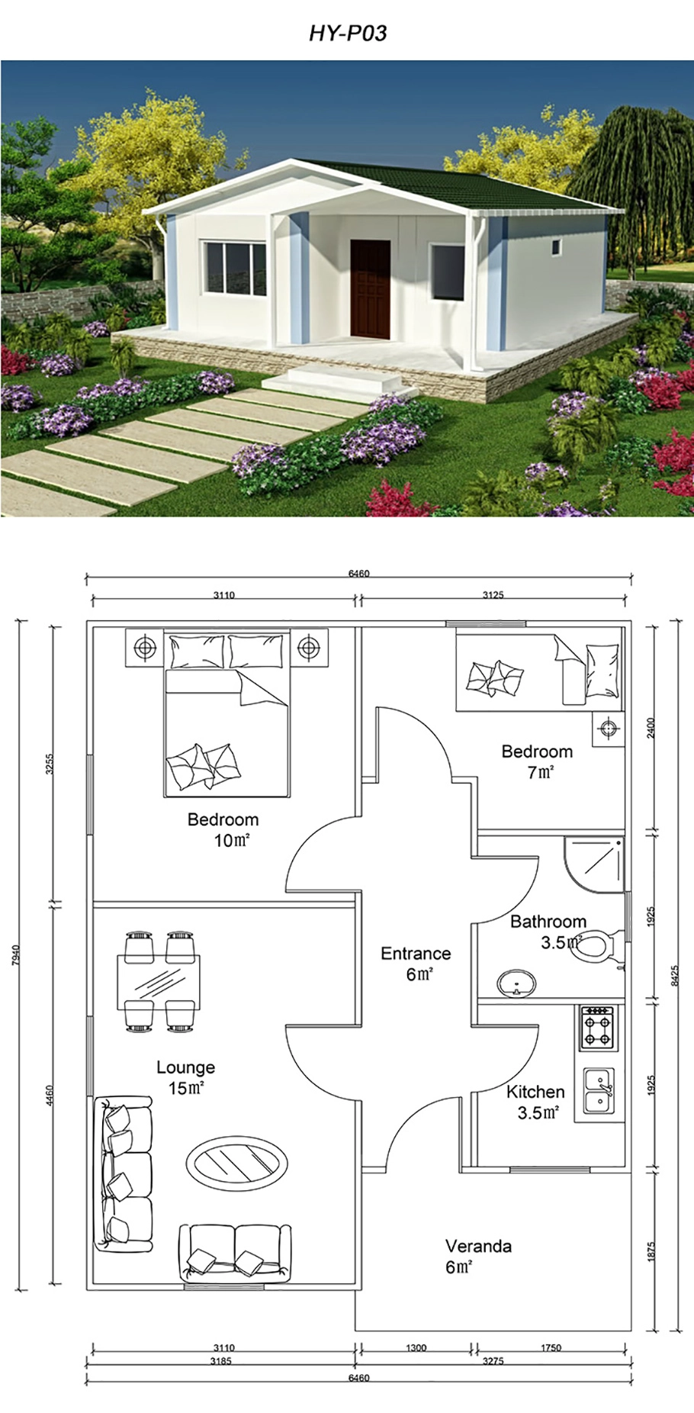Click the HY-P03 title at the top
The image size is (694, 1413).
click(347, 33)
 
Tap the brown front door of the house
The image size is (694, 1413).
click(371, 288)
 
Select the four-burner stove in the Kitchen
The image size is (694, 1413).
click(597, 1027)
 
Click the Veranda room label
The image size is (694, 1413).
click(478, 1256)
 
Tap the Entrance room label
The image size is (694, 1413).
click(416, 963)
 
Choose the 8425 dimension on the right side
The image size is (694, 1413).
click(673, 976)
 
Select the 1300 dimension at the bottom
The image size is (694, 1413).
click(416, 1347)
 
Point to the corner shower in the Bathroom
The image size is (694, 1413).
click(594, 863)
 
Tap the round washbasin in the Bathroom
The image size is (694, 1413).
click(516, 983)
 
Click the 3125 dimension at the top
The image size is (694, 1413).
click(493, 594)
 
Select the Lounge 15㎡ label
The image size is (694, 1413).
click(185, 1077)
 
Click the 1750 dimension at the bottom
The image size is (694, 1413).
click(551, 1347)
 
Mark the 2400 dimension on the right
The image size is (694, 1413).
click(651, 729)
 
